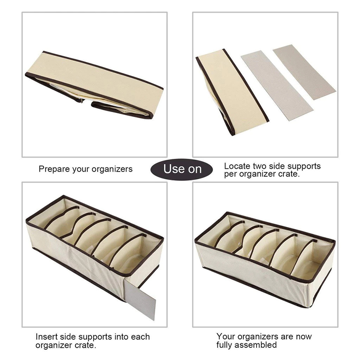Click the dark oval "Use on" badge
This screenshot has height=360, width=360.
pyautogui.click(x=181, y=170)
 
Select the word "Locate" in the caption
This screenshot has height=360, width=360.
pyautogui.click(x=237, y=166)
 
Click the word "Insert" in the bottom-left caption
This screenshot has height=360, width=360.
pyautogui.click(x=47, y=337)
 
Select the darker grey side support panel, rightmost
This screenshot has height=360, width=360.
pyautogui.click(x=305, y=72)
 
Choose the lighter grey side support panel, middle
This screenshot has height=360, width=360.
pyautogui.click(x=277, y=85)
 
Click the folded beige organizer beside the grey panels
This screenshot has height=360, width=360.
pyautogui.click(x=232, y=92)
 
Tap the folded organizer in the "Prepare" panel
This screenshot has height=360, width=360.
pyautogui.click(x=94, y=85)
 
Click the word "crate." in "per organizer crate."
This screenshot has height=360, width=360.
pyautogui.click(x=289, y=174)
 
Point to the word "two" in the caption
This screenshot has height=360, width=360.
pyautogui.click(x=260, y=166)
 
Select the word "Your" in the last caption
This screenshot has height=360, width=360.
pyautogui.click(x=226, y=337)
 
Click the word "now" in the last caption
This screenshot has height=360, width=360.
pyautogui.click(x=304, y=337)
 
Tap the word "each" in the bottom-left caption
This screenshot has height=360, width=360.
pyautogui.click(x=140, y=337)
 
